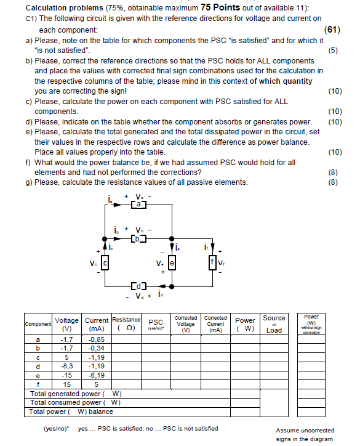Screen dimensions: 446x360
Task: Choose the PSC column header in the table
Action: (156, 323)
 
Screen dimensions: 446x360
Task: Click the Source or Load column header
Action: (274, 323)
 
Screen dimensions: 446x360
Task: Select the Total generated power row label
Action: (76, 393)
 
